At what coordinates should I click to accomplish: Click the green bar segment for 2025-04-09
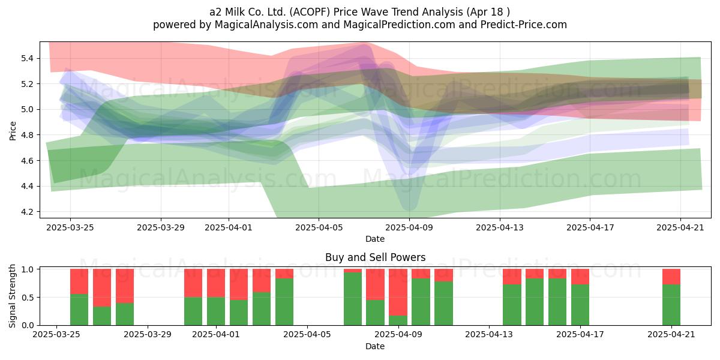[x=398, y=320]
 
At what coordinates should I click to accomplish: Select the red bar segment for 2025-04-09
[x=398, y=292]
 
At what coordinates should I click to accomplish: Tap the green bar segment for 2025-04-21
[x=671, y=305]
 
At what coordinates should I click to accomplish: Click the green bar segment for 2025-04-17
[x=580, y=305]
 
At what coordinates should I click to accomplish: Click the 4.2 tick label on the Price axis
[x=28, y=212]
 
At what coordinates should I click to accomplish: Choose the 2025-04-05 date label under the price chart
[x=319, y=227]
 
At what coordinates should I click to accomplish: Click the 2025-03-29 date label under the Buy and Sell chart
[x=148, y=335]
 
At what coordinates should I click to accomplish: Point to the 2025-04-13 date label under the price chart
[x=500, y=227]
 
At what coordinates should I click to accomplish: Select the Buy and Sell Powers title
[x=376, y=257]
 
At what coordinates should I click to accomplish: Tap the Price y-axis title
[x=13, y=131]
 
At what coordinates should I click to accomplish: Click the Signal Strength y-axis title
[x=12, y=296]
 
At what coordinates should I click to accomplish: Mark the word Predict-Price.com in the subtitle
[x=524, y=25]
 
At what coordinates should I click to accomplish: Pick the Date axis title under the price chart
[x=375, y=239]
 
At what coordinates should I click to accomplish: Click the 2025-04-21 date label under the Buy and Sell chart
[x=671, y=335]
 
